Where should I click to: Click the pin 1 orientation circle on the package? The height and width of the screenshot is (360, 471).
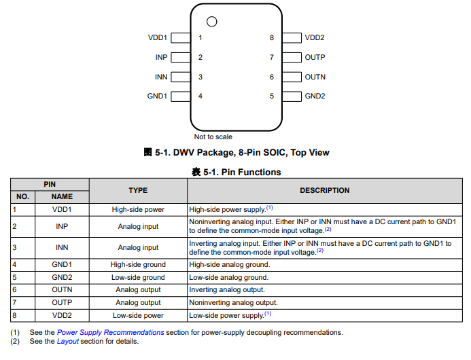[212, 22]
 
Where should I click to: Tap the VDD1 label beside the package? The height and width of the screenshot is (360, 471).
[158, 38]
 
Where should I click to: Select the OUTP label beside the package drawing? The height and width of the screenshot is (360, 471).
[315, 58]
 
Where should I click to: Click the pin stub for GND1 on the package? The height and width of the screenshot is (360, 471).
[180, 96]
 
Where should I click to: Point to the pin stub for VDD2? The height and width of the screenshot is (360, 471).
[292, 38]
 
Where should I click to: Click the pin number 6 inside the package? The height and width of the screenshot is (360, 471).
[272, 77]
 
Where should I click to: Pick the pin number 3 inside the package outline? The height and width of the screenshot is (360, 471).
[200, 77]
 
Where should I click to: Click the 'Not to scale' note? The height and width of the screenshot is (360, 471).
[213, 137]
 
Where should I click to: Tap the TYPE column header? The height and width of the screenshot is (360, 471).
[138, 190]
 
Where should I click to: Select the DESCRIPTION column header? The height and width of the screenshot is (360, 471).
[325, 190]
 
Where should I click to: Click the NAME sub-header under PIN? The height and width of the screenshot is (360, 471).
[62, 197]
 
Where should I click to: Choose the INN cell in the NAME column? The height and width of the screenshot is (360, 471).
[62, 247]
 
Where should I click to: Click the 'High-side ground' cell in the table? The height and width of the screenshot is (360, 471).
[138, 264]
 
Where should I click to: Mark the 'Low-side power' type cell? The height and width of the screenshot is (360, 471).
[138, 315]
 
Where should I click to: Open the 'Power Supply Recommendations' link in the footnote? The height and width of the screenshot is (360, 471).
[110, 333]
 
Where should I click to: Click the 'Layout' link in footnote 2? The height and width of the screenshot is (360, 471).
[67, 342]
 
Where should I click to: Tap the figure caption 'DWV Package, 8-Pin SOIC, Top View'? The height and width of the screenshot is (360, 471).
[243, 153]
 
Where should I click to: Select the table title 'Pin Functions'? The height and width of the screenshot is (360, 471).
[243, 173]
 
